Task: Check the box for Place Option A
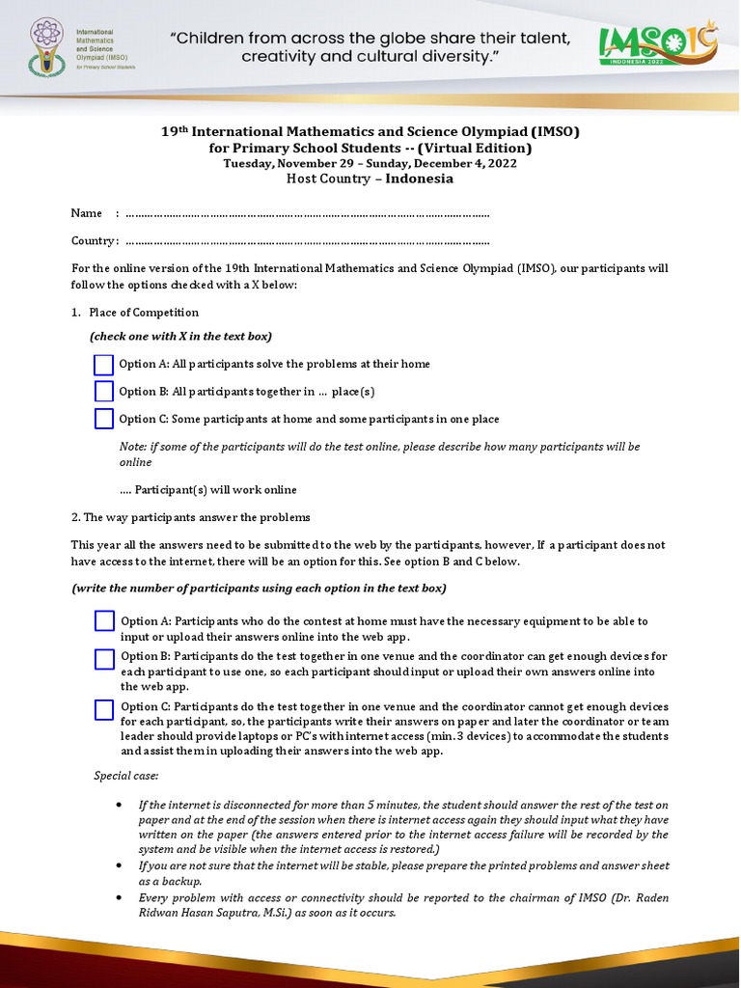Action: click(x=104, y=365)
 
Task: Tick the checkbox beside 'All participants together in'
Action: click(x=104, y=392)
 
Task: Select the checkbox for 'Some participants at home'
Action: click(x=104, y=419)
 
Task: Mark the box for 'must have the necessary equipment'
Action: click(x=105, y=621)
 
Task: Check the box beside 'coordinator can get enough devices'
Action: click(x=105, y=660)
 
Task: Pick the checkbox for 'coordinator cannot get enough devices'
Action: click(x=105, y=710)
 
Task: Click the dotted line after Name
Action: click(x=307, y=213)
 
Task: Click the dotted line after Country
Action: click(x=307, y=241)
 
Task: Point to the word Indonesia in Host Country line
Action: click(x=420, y=178)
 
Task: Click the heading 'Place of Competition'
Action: click(x=144, y=313)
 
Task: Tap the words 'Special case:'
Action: click(x=126, y=775)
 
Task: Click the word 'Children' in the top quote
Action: click(x=217, y=39)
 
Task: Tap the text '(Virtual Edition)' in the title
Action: click(x=474, y=148)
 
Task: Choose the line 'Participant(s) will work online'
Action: click(x=208, y=490)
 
